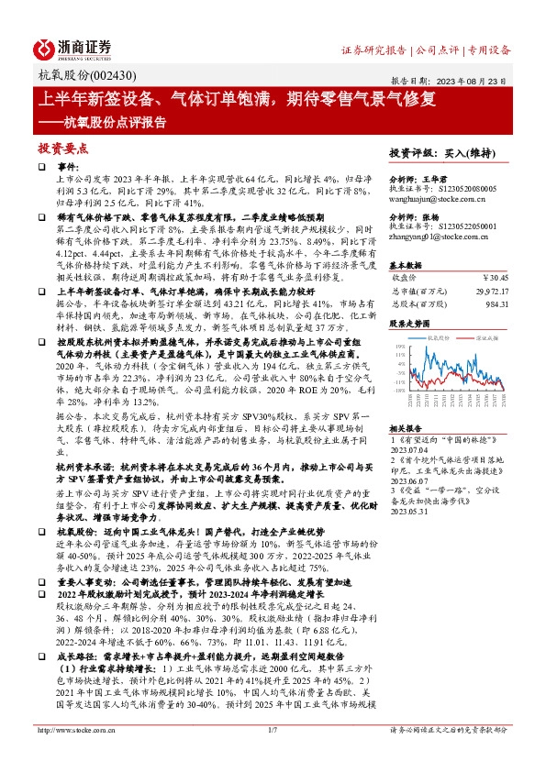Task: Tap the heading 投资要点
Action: [62, 147]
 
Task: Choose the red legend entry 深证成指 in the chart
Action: [486, 338]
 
